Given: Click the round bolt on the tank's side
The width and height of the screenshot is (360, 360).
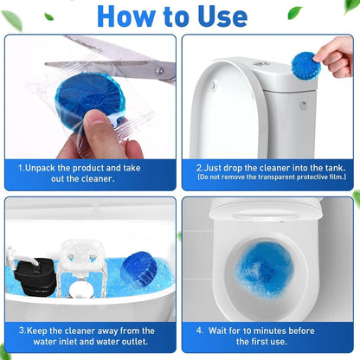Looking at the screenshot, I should pyautogui.click(x=302, y=106).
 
